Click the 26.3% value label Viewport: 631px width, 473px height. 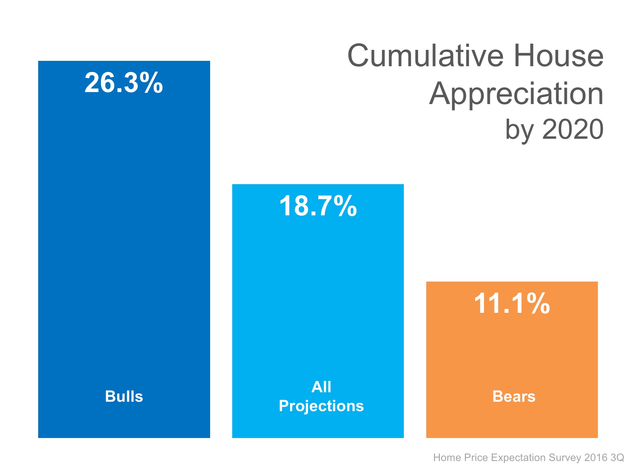(124, 83)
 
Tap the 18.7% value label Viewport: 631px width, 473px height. (318, 206)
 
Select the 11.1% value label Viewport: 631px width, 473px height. (512, 304)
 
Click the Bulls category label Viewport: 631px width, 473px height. (124, 396)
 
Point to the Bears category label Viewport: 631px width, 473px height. (514, 396)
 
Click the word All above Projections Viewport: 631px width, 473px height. (321, 387)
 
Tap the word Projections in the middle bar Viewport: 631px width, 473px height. (321, 406)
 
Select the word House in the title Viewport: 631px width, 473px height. (558, 56)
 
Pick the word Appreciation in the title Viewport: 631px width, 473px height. (516, 94)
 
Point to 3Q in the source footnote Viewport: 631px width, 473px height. (617, 458)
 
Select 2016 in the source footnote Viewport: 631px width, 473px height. (596, 458)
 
